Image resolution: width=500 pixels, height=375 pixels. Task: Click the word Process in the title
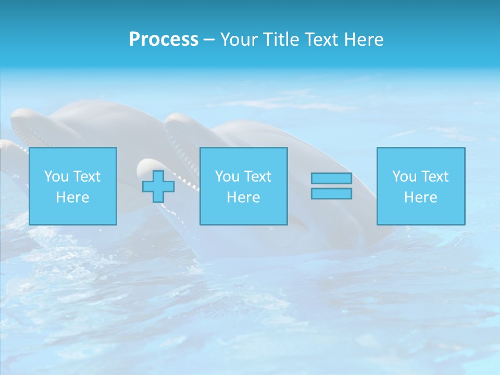point(164,40)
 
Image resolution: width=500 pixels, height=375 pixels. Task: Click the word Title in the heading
point(279,40)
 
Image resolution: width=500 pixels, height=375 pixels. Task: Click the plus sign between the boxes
point(158,186)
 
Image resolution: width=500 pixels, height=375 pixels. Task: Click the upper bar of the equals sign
point(331,179)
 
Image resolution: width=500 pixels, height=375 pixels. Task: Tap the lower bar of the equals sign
point(331,193)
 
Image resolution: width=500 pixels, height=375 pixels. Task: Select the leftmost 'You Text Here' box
point(73,186)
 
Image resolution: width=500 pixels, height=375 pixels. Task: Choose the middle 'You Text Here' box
point(243,186)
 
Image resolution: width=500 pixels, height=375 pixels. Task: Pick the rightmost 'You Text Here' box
point(421,186)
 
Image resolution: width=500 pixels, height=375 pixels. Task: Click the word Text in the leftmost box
point(86,177)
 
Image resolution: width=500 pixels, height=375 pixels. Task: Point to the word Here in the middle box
point(243,197)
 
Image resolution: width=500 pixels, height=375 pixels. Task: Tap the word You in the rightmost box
point(405,177)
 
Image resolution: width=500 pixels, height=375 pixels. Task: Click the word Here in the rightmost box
point(421,197)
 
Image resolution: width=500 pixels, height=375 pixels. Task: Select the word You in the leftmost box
point(57,177)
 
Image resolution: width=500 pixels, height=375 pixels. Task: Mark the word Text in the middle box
point(257,177)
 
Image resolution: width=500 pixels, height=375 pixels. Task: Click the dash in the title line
point(209,40)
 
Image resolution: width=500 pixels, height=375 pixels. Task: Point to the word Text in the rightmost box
point(434,177)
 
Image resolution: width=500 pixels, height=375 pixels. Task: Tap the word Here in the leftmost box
point(73,197)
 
